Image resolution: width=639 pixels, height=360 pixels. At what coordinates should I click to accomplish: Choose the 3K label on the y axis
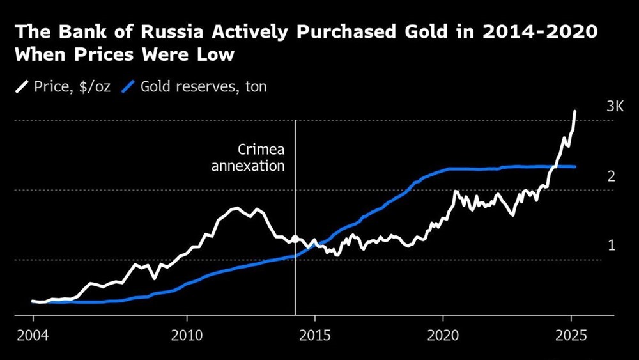click(615, 106)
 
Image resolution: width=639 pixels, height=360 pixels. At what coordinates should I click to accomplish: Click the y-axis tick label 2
click(611, 176)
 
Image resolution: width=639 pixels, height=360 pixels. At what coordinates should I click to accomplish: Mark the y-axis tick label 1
click(611, 246)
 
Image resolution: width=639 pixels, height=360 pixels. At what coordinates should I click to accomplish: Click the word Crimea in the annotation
click(261, 150)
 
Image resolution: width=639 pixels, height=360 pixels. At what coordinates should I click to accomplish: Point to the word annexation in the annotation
click(248, 166)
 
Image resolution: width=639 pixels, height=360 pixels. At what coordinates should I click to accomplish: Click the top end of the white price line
click(575, 111)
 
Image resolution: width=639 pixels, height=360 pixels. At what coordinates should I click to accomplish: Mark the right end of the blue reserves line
click(576, 167)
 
